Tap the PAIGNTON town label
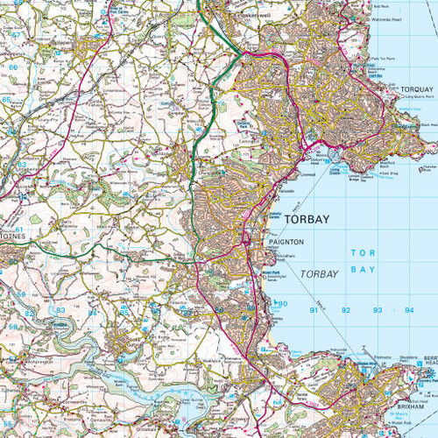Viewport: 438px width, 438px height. click(x=286, y=241)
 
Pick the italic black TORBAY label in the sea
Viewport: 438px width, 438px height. click(x=319, y=274)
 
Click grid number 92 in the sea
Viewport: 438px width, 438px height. click(x=346, y=310)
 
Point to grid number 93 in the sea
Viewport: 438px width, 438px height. click(x=378, y=310)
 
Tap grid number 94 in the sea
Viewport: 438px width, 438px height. click(x=408, y=310)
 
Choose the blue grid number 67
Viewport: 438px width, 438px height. click(x=15, y=33)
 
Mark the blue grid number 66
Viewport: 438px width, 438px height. click(x=12, y=66)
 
